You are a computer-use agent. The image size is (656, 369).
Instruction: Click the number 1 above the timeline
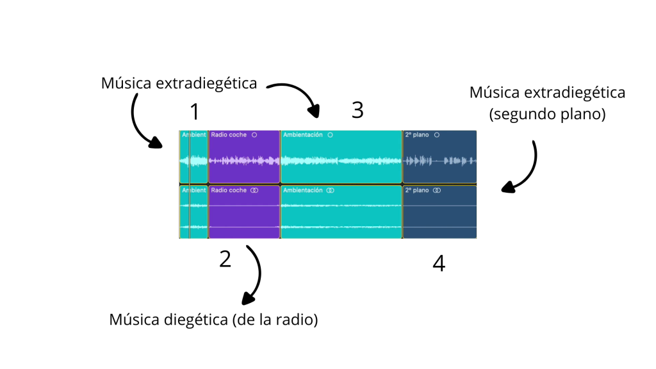tap(195, 112)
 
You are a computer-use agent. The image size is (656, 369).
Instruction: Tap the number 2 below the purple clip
tap(225, 259)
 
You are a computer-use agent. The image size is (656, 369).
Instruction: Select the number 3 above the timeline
tap(357, 110)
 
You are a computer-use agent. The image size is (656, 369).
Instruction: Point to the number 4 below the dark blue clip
tap(439, 263)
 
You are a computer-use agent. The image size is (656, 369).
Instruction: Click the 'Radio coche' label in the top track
tap(229, 135)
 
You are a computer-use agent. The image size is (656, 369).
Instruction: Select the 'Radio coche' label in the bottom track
tap(229, 190)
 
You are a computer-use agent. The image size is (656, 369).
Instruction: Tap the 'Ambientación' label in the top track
tap(303, 135)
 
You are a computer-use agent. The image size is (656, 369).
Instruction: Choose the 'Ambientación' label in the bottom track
tap(303, 190)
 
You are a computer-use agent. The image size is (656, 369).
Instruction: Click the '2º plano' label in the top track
tap(416, 135)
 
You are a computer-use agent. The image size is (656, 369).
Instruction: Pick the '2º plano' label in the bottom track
tap(416, 190)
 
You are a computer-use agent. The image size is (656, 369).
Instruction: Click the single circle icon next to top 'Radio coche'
tap(254, 135)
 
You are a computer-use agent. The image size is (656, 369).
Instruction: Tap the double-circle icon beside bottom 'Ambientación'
tap(330, 190)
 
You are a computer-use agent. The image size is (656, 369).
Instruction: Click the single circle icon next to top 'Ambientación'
tap(329, 135)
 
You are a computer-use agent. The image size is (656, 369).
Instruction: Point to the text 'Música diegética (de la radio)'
tap(213, 319)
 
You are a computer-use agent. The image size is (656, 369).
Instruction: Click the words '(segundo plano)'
tap(547, 115)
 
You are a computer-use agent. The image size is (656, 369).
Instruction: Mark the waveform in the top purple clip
tap(244, 160)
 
